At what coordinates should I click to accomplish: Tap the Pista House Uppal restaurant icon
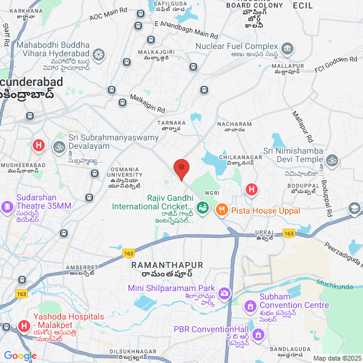(x=221, y=209)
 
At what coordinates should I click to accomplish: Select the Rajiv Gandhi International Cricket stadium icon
(x=203, y=209)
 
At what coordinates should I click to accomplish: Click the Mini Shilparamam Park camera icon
(x=224, y=293)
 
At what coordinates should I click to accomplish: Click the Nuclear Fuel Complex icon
(x=287, y=47)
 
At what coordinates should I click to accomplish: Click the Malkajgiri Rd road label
(x=148, y=102)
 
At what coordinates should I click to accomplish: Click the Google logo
(x=19, y=356)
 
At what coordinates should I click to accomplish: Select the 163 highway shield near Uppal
(x=289, y=234)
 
